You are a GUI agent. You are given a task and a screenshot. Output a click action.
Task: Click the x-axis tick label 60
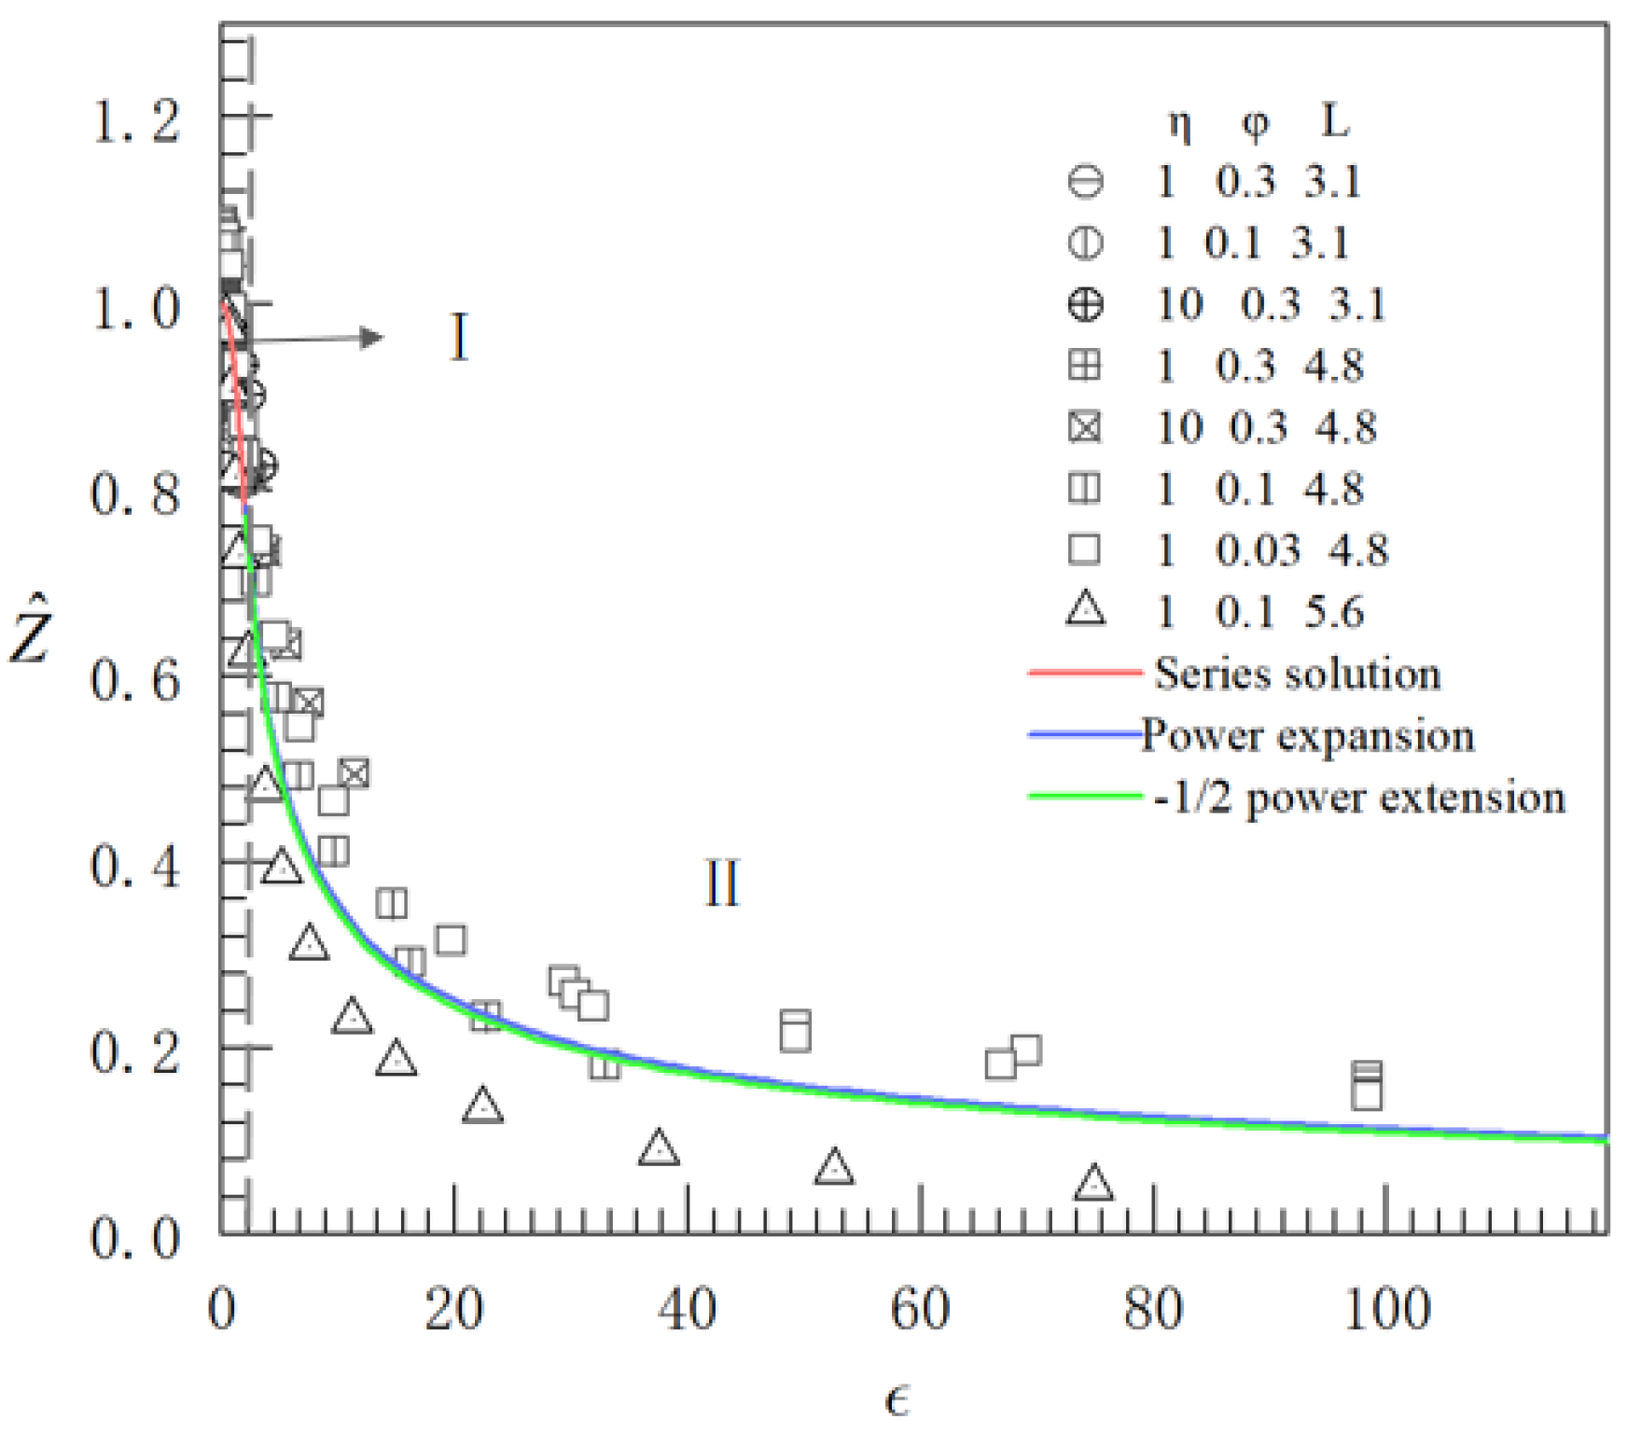[920, 1309]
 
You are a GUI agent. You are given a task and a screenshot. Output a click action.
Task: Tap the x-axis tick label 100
[1387, 1309]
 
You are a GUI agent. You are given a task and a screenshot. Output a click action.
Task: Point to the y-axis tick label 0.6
[135, 680]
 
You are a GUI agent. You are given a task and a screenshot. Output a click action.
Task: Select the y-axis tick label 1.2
[135, 121]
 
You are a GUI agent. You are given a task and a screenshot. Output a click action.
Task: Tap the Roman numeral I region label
[459, 338]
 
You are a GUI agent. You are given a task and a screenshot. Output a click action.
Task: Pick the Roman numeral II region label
[721, 883]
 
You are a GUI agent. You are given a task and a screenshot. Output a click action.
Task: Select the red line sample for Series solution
[1084, 672]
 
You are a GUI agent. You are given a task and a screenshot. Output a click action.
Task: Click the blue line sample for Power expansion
[1084, 735]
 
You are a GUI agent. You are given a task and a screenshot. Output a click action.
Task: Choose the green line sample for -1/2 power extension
[1084, 797]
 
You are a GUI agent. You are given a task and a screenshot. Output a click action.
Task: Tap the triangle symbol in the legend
[1086, 609]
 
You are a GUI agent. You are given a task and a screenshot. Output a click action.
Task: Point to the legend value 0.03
[1258, 550]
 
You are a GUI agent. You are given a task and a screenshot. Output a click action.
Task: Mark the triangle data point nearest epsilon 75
[1093, 1184]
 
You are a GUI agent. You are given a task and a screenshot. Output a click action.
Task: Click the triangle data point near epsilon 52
[834, 1168]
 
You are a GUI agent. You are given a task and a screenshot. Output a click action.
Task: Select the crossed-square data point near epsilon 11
[355, 772]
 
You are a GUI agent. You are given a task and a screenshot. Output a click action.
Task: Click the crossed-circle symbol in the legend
[1085, 304]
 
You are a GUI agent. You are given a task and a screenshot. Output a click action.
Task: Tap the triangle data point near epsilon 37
[659, 1148]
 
